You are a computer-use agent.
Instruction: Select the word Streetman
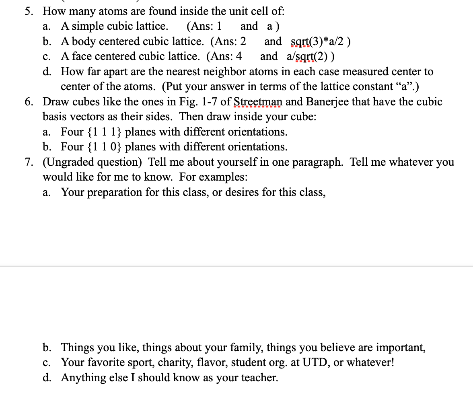point(257,102)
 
